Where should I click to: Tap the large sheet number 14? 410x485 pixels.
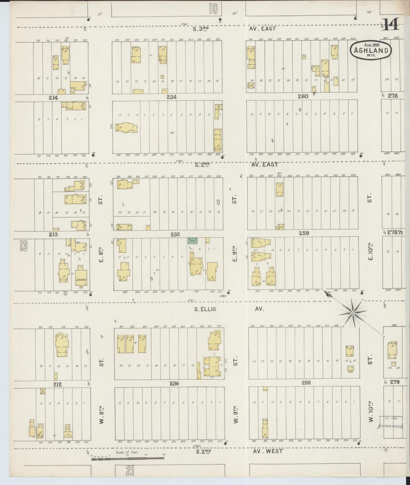click(391, 24)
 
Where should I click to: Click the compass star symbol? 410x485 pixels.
click(352, 313)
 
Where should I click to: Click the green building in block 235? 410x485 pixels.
click(193, 240)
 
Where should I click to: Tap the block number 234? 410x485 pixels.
click(172, 97)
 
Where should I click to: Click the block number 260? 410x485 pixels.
click(303, 96)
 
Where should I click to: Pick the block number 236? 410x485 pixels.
click(174, 383)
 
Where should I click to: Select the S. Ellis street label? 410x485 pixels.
click(205, 309)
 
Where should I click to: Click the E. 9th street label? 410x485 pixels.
click(235, 255)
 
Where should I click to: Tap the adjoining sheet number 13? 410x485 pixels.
click(24, 246)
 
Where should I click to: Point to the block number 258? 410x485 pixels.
click(306, 383)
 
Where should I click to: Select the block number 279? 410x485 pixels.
click(394, 382)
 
